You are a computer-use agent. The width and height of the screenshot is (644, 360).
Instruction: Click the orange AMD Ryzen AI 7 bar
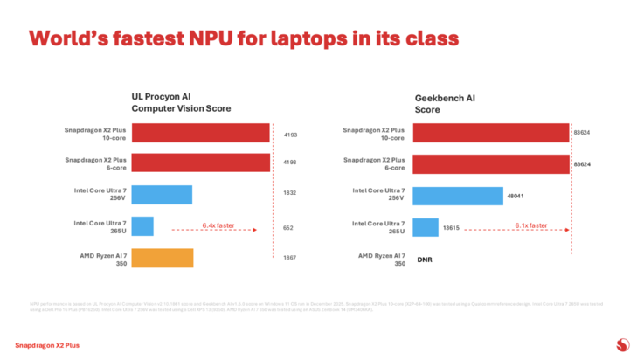click(x=162, y=258)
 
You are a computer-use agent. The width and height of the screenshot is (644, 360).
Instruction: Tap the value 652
click(x=289, y=227)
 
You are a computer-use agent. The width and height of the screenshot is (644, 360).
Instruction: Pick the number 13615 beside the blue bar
click(x=453, y=227)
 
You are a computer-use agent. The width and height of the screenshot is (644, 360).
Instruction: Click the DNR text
click(x=425, y=260)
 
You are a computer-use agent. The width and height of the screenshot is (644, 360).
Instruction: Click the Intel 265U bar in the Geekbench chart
click(x=426, y=227)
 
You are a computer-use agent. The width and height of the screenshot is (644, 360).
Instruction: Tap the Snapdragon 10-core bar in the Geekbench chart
click(x=491, y=133)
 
